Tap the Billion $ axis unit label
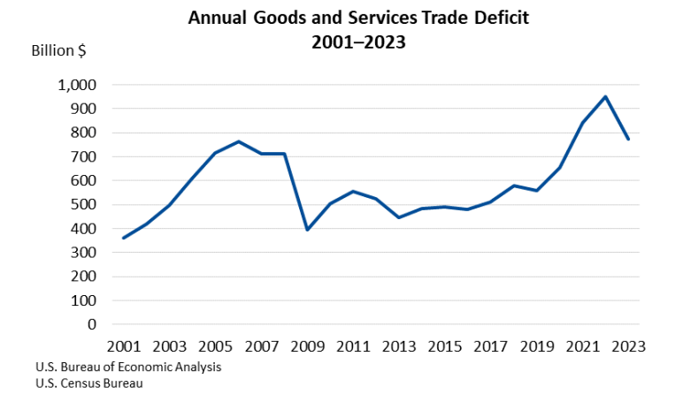tap(59, 50)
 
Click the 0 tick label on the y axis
tap(92, 324)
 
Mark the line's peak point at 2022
tap(606, 96)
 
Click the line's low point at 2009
tap(307, 230)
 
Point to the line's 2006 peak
tap(239, 141)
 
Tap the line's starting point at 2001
tap(124, 238)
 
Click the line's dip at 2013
tap(399, 217)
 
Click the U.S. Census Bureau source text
tap(88, 384)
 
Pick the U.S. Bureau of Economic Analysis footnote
tap(128, 368)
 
